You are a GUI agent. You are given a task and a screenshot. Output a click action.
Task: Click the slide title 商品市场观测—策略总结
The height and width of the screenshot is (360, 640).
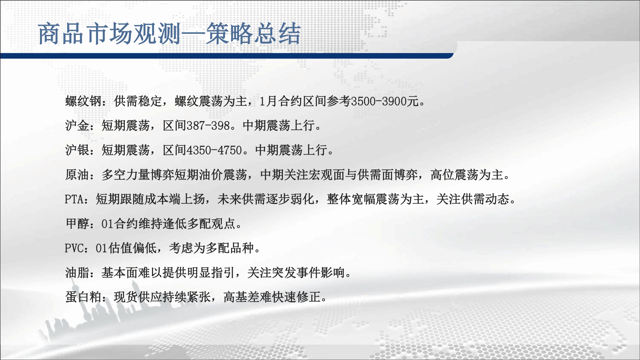coord(170,34)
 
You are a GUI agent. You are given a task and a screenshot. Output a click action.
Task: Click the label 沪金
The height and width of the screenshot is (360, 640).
coord(77,125)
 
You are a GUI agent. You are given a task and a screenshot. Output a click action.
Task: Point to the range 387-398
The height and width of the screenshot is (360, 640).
coord(208,125)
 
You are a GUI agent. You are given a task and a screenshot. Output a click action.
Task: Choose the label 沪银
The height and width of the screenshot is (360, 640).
coord(77,150)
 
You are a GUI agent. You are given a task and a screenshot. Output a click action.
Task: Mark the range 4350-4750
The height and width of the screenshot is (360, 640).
coord(214,150)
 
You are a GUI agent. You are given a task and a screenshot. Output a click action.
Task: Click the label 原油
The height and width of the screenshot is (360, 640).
coord(77,175)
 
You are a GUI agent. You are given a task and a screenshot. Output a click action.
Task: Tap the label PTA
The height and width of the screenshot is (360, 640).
coord(74,199)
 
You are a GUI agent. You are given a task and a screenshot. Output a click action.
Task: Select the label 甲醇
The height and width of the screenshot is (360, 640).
coord(77,224)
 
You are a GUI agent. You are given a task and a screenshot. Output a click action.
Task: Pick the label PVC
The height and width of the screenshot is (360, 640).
coord(74,248)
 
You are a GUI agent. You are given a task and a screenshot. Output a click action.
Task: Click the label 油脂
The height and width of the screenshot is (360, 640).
coord(77,273)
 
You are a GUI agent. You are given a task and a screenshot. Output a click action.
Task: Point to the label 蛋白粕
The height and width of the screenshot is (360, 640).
coord(84,297)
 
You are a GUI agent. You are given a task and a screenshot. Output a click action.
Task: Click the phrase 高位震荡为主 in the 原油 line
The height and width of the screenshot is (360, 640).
coord(467,175)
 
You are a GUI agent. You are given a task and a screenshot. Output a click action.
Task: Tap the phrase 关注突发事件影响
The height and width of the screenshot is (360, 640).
coord(296,273)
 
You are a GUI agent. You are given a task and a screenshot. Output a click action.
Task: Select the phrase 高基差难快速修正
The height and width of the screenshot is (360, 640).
coord(272,297)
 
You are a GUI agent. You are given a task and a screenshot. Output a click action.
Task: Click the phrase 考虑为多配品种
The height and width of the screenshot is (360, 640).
coord(211,248)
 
